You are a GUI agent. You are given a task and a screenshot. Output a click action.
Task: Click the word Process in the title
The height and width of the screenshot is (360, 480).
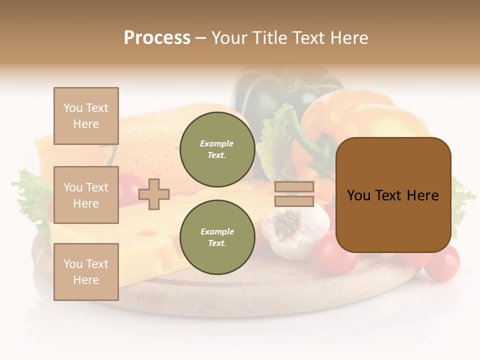point(157,38)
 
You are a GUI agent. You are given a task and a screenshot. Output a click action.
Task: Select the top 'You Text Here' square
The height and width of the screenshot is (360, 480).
point(86,116)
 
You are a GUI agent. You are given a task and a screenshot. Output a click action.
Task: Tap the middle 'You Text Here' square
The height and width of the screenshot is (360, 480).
point(86,195)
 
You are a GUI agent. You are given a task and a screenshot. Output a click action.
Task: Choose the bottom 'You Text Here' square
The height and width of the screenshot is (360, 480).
point(86,271)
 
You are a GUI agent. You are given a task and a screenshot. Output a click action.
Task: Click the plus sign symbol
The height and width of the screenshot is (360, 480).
point(154,194)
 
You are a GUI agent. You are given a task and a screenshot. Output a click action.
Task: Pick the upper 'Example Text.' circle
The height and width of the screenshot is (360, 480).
point(217,149)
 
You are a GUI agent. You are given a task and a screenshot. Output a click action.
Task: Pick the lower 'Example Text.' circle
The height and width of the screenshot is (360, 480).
point(217,237)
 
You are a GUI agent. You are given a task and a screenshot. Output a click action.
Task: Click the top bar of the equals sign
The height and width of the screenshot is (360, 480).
point(294,187)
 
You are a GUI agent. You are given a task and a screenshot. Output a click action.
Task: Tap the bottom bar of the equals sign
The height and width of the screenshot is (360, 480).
point(294,201)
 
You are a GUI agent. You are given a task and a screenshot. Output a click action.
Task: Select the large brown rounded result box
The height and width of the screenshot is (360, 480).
point(393,195)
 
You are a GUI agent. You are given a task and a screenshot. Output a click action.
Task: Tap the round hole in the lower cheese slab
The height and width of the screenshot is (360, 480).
point(146,232)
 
